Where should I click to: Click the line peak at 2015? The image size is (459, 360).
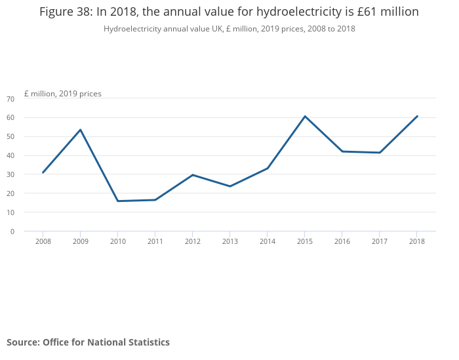pyautogui.click(x=305, y=116)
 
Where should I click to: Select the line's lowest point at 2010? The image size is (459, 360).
pyautogui.click(x=118, y=201)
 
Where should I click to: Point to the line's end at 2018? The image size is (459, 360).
pyautogui.click(x=417, y=116)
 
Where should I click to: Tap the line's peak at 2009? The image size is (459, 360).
pyautogui.click(x=81, y=130)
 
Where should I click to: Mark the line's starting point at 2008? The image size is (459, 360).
pyautogui.click(x=43, y=172)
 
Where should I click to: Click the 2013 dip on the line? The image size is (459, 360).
pyautogui.click(x=230, y=186)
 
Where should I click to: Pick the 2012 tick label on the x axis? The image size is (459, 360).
pyautogui.click(x=192, y=241)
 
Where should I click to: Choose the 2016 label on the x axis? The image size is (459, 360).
pyautogui.click(x=342, y=241)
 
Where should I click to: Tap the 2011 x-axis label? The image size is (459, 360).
pyautogui.click(x=155, y=241)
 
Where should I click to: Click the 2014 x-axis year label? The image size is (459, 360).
pyautogui.click(x=267, y=241)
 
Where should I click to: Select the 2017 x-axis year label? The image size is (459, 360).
pyautogui.click(x=380, y=241)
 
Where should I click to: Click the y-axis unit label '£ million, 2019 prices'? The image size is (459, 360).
pyautogui.click(x=63, y=94)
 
